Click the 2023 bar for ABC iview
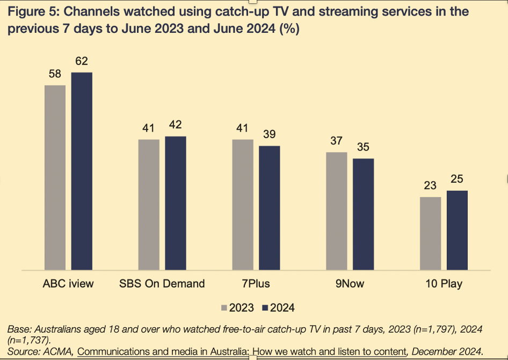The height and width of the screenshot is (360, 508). (x=55, y=177)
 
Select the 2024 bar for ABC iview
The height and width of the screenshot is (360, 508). (x=82, y=171)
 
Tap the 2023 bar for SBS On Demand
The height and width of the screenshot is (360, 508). (x=149, y=204)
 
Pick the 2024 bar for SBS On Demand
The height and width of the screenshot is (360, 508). (x=176, y=203)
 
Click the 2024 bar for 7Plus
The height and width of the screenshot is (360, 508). (x=270, y=207)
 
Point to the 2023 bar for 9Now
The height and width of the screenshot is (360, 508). (x=337, y=211)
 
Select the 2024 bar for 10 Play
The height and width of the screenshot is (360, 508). (x=458, y=230)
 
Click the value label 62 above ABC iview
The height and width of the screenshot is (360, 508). (x=82, y=61)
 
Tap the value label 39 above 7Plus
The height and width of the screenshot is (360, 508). (x=270, y=135)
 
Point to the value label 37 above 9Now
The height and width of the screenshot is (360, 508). (x=337, y=141)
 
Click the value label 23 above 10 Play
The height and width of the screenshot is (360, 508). (x=431, y=186)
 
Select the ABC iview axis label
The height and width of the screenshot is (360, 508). (x=68, y=284)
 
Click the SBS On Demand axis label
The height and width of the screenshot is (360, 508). (x=162, y=284)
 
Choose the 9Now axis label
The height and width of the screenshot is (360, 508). (x=350, y=284)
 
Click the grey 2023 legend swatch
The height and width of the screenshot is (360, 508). (x=224, y=308)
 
